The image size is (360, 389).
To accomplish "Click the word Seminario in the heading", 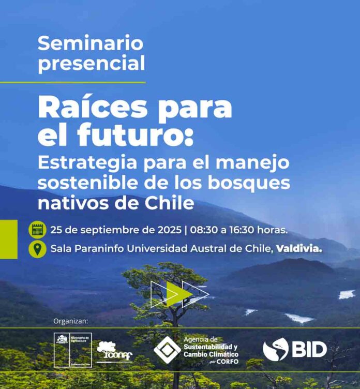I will pos(91,43).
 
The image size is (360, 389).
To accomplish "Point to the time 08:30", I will pos(206,229).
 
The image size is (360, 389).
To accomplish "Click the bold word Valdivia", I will pos(299,248).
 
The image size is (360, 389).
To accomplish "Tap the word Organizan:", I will pos(71,321).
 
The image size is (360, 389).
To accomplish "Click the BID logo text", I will pos(309,350).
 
